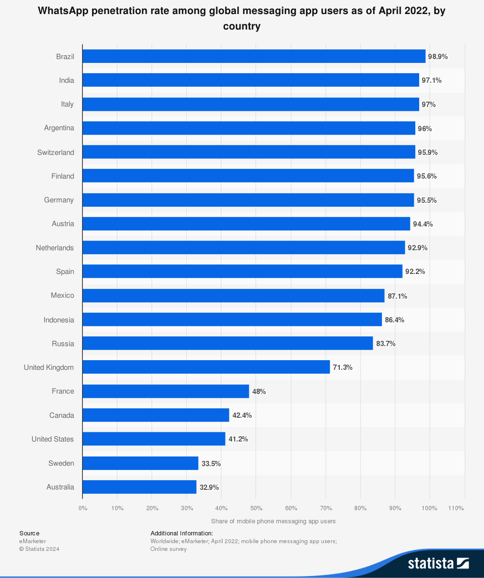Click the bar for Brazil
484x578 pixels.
[x=254, y=56]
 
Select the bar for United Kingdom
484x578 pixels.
[x=206, y=367]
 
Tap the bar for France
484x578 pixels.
[x=166, y=391]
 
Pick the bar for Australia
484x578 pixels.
[x=139, y=487]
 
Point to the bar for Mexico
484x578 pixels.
[x=233, y=296]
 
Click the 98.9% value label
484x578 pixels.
[x=438, y=57]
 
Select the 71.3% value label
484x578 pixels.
[x=343, y=367]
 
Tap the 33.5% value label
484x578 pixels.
[x=211, y=463]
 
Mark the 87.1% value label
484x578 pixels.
[x=397, y=296]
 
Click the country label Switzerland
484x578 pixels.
[x=56, y=152]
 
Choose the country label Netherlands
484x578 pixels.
[x=55, y=248]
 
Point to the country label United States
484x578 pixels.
[x=53, y=439]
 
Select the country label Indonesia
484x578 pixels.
[x=59, y=320]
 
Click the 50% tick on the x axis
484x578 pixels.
[x=256, y=508]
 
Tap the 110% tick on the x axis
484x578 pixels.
[x=456, y=508]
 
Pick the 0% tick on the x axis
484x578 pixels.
[x=83, y=508]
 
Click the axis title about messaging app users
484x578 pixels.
[x=273, y=521]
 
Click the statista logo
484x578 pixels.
[x=438, y=563]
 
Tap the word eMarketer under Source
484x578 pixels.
[x=33, y=541]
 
